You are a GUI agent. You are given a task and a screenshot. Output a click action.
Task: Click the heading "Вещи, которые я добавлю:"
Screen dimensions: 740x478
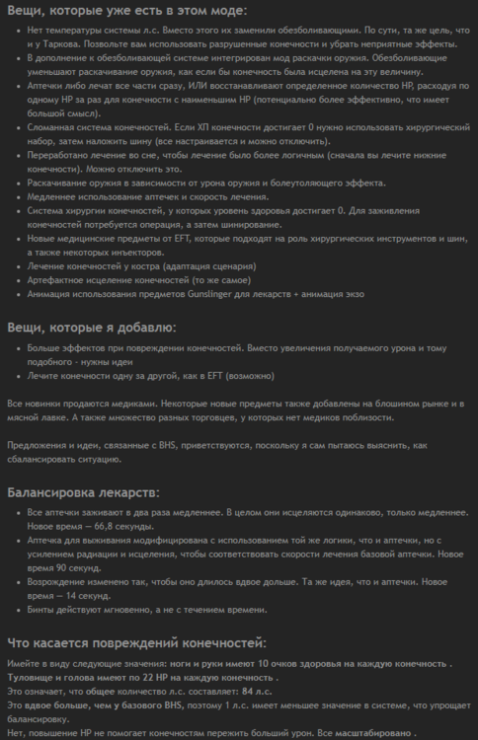click(92, 327)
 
